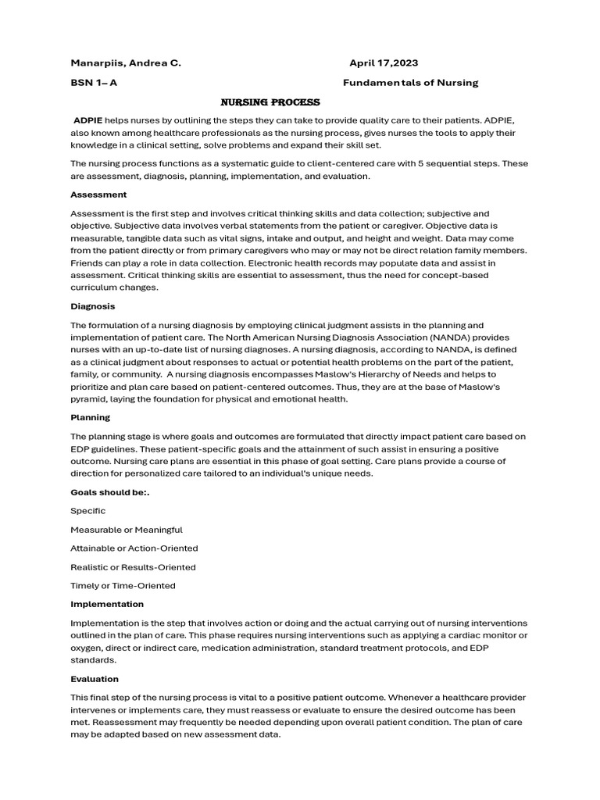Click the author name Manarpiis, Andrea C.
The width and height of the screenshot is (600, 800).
tap(126, 62)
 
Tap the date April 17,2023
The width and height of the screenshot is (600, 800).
tap(388, 62)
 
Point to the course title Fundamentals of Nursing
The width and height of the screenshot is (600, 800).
tap(411, 82)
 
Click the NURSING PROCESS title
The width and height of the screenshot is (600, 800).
tap(270, 102)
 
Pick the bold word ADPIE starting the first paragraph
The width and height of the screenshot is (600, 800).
tap(88, 121)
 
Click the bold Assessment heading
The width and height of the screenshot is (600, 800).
tap(98, 195)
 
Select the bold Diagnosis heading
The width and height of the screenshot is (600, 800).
tap(93, 306)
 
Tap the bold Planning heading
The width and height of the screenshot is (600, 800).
tap(91, 418)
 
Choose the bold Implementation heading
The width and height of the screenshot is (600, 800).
tap(107, 604)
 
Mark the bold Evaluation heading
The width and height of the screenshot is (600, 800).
tap(95, 679)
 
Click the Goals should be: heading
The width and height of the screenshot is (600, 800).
tap(109, 492)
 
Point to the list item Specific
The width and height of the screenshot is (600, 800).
tap(88, 511)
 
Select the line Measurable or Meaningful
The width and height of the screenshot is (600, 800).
tap(127, 530)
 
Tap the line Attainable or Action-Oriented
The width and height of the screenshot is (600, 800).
tap(134, 548)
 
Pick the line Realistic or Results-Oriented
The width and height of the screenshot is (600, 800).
tap(133, 567)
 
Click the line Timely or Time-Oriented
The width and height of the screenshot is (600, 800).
tap(123, 586)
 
